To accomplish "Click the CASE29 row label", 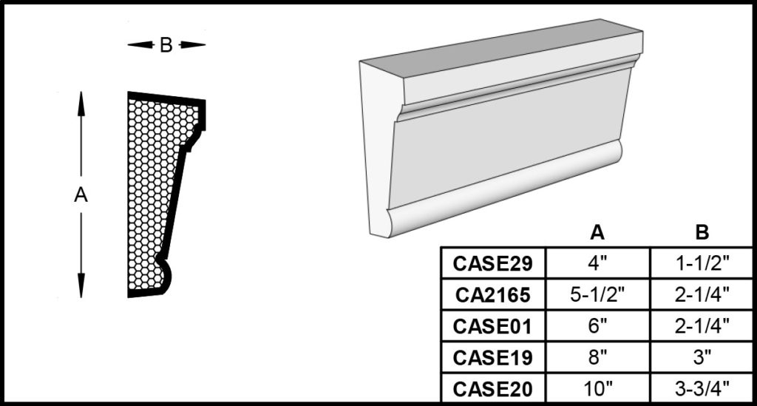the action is (x=493, y=263).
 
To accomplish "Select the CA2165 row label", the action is (x=493, y=295).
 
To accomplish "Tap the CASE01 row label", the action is (x=493, y=326).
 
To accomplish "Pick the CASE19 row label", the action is (x=493, y=358).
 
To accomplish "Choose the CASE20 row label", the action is (x=493, y=388).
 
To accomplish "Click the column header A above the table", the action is (x=597, y=233).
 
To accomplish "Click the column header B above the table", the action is (x=702, y=233).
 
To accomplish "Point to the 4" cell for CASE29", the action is (x=597, y=263).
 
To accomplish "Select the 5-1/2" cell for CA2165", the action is (x=597, y=294).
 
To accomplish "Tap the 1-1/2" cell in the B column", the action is (x=702, y=263).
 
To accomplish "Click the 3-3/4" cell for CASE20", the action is (x=702, y=388).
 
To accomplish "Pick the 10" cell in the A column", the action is (x=597, y=388).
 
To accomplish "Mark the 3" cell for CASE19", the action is (x=702, y=357).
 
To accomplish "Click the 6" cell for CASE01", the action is (x=597, y=326).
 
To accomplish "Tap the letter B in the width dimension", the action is (x=166, y=45).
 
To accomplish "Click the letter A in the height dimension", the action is (x=81, y=195).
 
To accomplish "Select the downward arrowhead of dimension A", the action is (x=81, y=285).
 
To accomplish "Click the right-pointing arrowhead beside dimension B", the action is (x=193, y=45).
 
